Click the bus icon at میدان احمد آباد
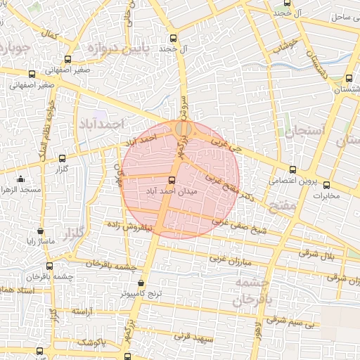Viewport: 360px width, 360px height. pos(173,179)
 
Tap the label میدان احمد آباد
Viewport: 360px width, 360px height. pos(173,191)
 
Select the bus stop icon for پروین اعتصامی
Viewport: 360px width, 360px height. pos(293,169)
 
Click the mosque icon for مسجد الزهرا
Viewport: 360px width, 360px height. pos(20,179)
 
